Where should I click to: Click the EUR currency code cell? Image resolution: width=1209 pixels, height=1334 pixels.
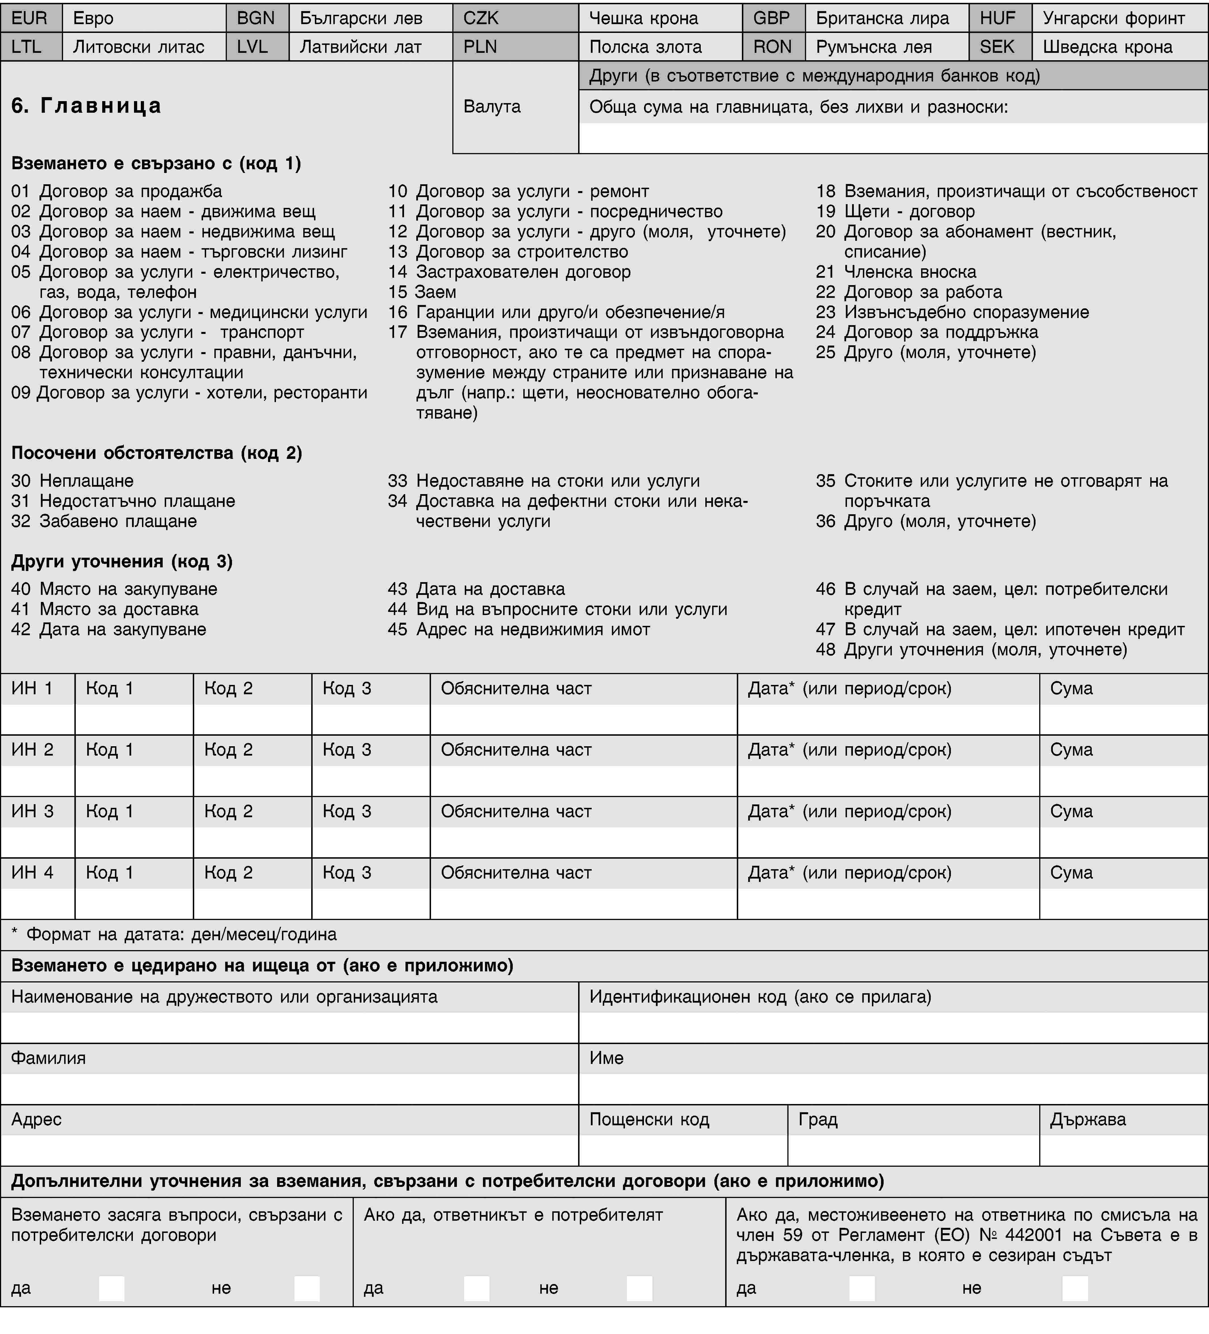[30, 18]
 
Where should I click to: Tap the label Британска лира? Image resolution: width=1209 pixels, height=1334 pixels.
[882, 18]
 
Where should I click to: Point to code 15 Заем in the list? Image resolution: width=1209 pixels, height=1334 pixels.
[422, 292]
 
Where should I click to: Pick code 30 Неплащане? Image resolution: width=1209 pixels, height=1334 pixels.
[73, 480]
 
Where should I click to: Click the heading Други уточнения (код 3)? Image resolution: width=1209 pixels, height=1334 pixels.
[122, 561]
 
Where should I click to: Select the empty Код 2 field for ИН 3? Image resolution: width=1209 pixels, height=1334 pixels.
[252, 842]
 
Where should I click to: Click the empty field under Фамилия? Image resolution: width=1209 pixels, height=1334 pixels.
[289, 1088]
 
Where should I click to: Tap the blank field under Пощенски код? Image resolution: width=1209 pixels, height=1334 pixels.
[683, 1150]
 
